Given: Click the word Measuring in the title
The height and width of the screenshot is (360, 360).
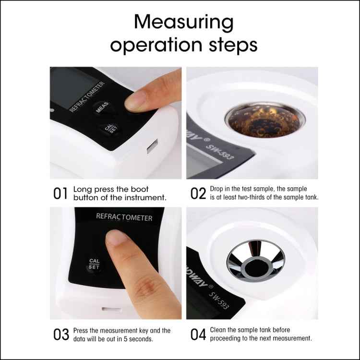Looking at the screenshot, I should click(184, 23).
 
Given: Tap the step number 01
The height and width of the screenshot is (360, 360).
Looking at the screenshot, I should click(61, 194).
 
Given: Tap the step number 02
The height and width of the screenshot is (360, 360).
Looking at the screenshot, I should click(198, 194).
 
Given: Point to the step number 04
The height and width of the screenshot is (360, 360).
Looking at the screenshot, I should click(198, 335).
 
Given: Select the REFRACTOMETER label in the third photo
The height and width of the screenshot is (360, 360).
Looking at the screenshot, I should click(124, 217).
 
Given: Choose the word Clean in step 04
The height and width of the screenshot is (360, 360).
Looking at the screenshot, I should click(219, 330).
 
